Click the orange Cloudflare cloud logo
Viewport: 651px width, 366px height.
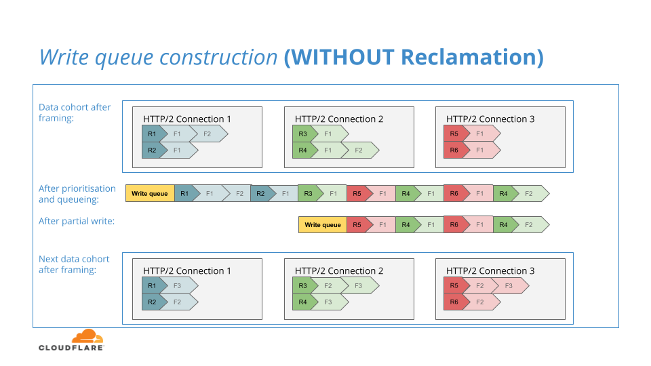(87, 336)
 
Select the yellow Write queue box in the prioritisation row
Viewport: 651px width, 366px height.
(150, 193)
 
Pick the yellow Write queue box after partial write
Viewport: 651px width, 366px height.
(323, 225)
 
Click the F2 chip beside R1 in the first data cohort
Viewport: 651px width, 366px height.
(210, 134)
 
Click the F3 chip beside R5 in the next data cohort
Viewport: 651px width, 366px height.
(511, 286)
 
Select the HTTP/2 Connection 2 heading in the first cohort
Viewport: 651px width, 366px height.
(339, 119)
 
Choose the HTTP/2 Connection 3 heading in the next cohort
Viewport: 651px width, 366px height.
(490, 271)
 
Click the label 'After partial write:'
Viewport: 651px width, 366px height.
(77, 221)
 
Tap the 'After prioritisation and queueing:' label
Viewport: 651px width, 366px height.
(77, 194)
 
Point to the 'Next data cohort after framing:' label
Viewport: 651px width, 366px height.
(74, 264)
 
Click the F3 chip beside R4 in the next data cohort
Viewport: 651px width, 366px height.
(330, 302)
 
